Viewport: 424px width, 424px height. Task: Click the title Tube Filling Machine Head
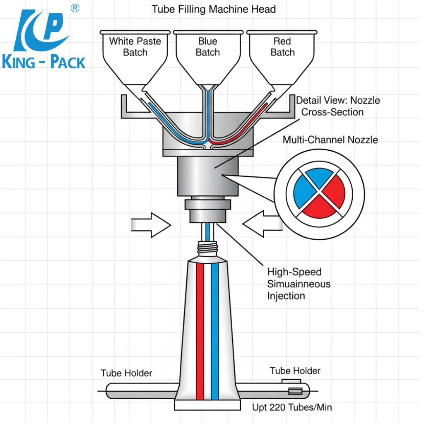pyautogui.click(x=213, y=9)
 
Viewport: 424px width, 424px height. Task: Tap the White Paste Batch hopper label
pyautogui.click(x=135, y=47)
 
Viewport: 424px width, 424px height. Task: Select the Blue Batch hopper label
pyautogui.click(x=207, y=47)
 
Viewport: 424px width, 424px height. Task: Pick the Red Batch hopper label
pyautogui.click(x=282, y=47)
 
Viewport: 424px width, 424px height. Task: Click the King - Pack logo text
pyautogui.click(x=43, y=63)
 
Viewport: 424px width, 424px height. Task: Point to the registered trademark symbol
pyautogui.click(x=75, y=8)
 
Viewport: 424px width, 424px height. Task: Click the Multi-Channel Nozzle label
pyautogui.click(x=330, y=140)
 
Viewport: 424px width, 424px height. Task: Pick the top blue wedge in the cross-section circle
pyautogui.click(x=319, y=178)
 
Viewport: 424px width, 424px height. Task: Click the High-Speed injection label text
pyautogui.click(x=298, y=284)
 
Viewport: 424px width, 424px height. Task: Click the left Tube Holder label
pyautogui.click(x=126, y=373)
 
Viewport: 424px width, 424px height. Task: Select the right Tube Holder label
pyautogui.click(x=295, y=371)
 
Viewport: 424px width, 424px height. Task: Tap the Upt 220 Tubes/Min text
pyautogui.click(x=292, y=407)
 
